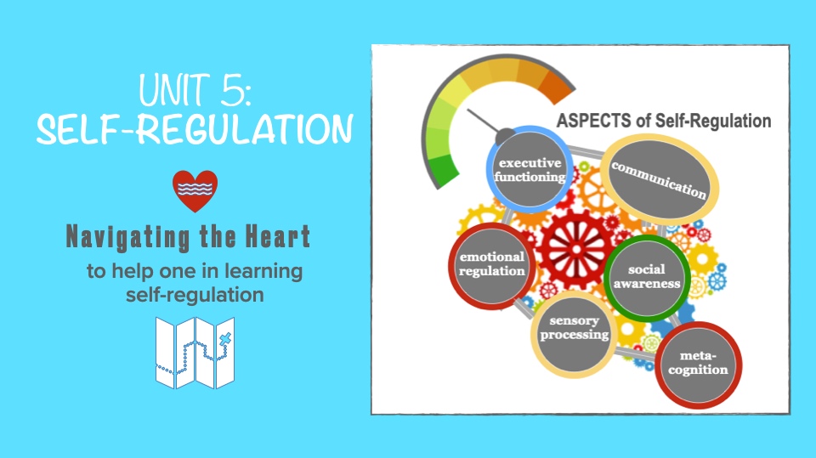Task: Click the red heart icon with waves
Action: coord(195,191)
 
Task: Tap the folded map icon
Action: coord(195,353)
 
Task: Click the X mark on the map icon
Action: coord(224,341)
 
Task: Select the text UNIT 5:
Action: coord(195,90)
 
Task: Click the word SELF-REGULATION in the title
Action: coord(195,129)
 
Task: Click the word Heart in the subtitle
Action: coord(277,237)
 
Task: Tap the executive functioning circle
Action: coord(530,169)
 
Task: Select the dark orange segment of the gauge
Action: coord(557,86)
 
